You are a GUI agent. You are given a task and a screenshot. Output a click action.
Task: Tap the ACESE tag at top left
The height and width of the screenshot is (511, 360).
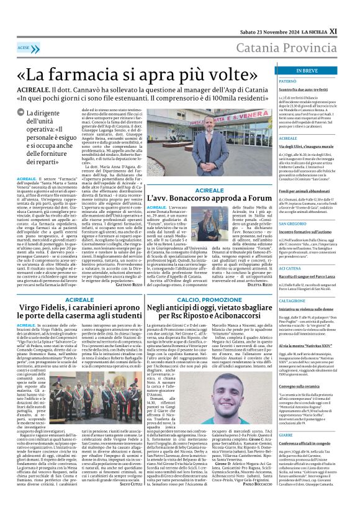point(24,48)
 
